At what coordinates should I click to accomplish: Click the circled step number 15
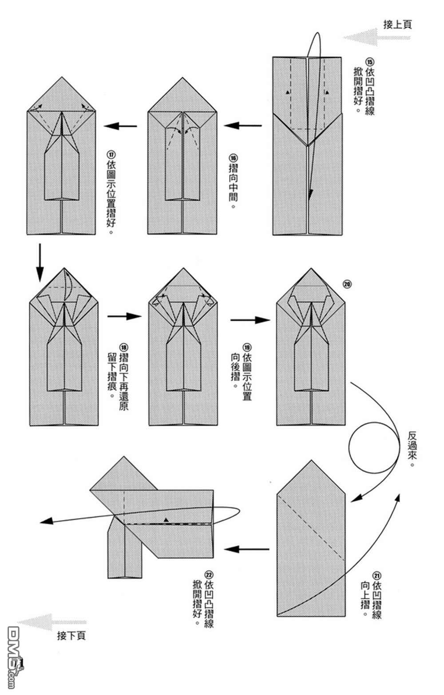[369, 62]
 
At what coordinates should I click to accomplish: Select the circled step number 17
[111, 154]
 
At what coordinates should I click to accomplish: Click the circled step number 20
[347, 284]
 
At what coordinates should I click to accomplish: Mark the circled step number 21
[377, 574]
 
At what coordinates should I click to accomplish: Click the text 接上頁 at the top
[397, 24]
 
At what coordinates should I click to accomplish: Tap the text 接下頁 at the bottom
[71, 636]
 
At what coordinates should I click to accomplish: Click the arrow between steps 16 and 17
[121, 126]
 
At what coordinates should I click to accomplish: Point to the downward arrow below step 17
[40, 262]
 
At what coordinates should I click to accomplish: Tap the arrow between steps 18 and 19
[124, 316]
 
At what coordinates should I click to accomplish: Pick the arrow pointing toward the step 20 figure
[250, 320]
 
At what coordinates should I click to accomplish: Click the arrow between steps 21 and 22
[247, 549]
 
